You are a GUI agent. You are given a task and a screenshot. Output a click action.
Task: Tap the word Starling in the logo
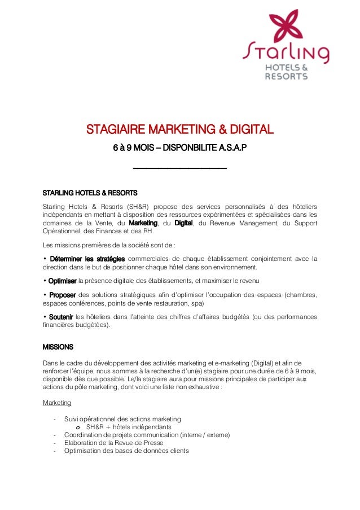(286, 53)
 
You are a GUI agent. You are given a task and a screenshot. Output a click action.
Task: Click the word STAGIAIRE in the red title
(117, 131)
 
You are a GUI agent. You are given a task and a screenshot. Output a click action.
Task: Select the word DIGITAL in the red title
(246, 131)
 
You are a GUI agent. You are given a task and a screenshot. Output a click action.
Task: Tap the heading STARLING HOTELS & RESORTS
(90, 192)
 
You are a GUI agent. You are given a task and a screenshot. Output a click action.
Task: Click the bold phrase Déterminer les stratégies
(87, 259)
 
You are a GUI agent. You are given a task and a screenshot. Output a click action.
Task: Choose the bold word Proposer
(62, 294)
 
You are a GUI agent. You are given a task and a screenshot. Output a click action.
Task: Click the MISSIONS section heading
(58, 346)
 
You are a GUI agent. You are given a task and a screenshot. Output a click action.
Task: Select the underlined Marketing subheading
(57, 403)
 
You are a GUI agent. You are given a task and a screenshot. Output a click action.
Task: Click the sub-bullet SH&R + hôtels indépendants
(129, 427)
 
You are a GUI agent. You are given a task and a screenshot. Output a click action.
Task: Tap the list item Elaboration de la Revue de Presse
(113, 443)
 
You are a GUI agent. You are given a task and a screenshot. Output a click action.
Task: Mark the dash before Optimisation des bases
(54, 451)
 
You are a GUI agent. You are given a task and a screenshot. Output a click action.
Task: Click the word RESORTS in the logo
(287, 76)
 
